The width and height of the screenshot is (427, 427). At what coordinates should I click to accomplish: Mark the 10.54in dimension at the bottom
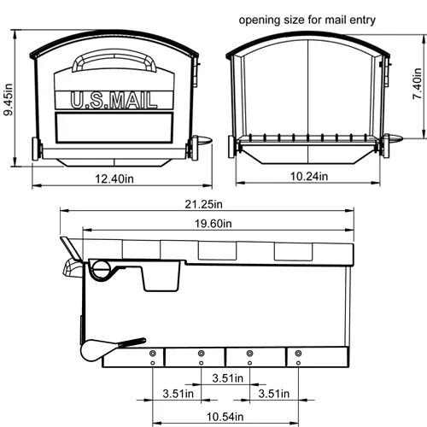click(225, 415)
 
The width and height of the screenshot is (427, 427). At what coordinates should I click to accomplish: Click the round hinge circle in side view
click(101, 269)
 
